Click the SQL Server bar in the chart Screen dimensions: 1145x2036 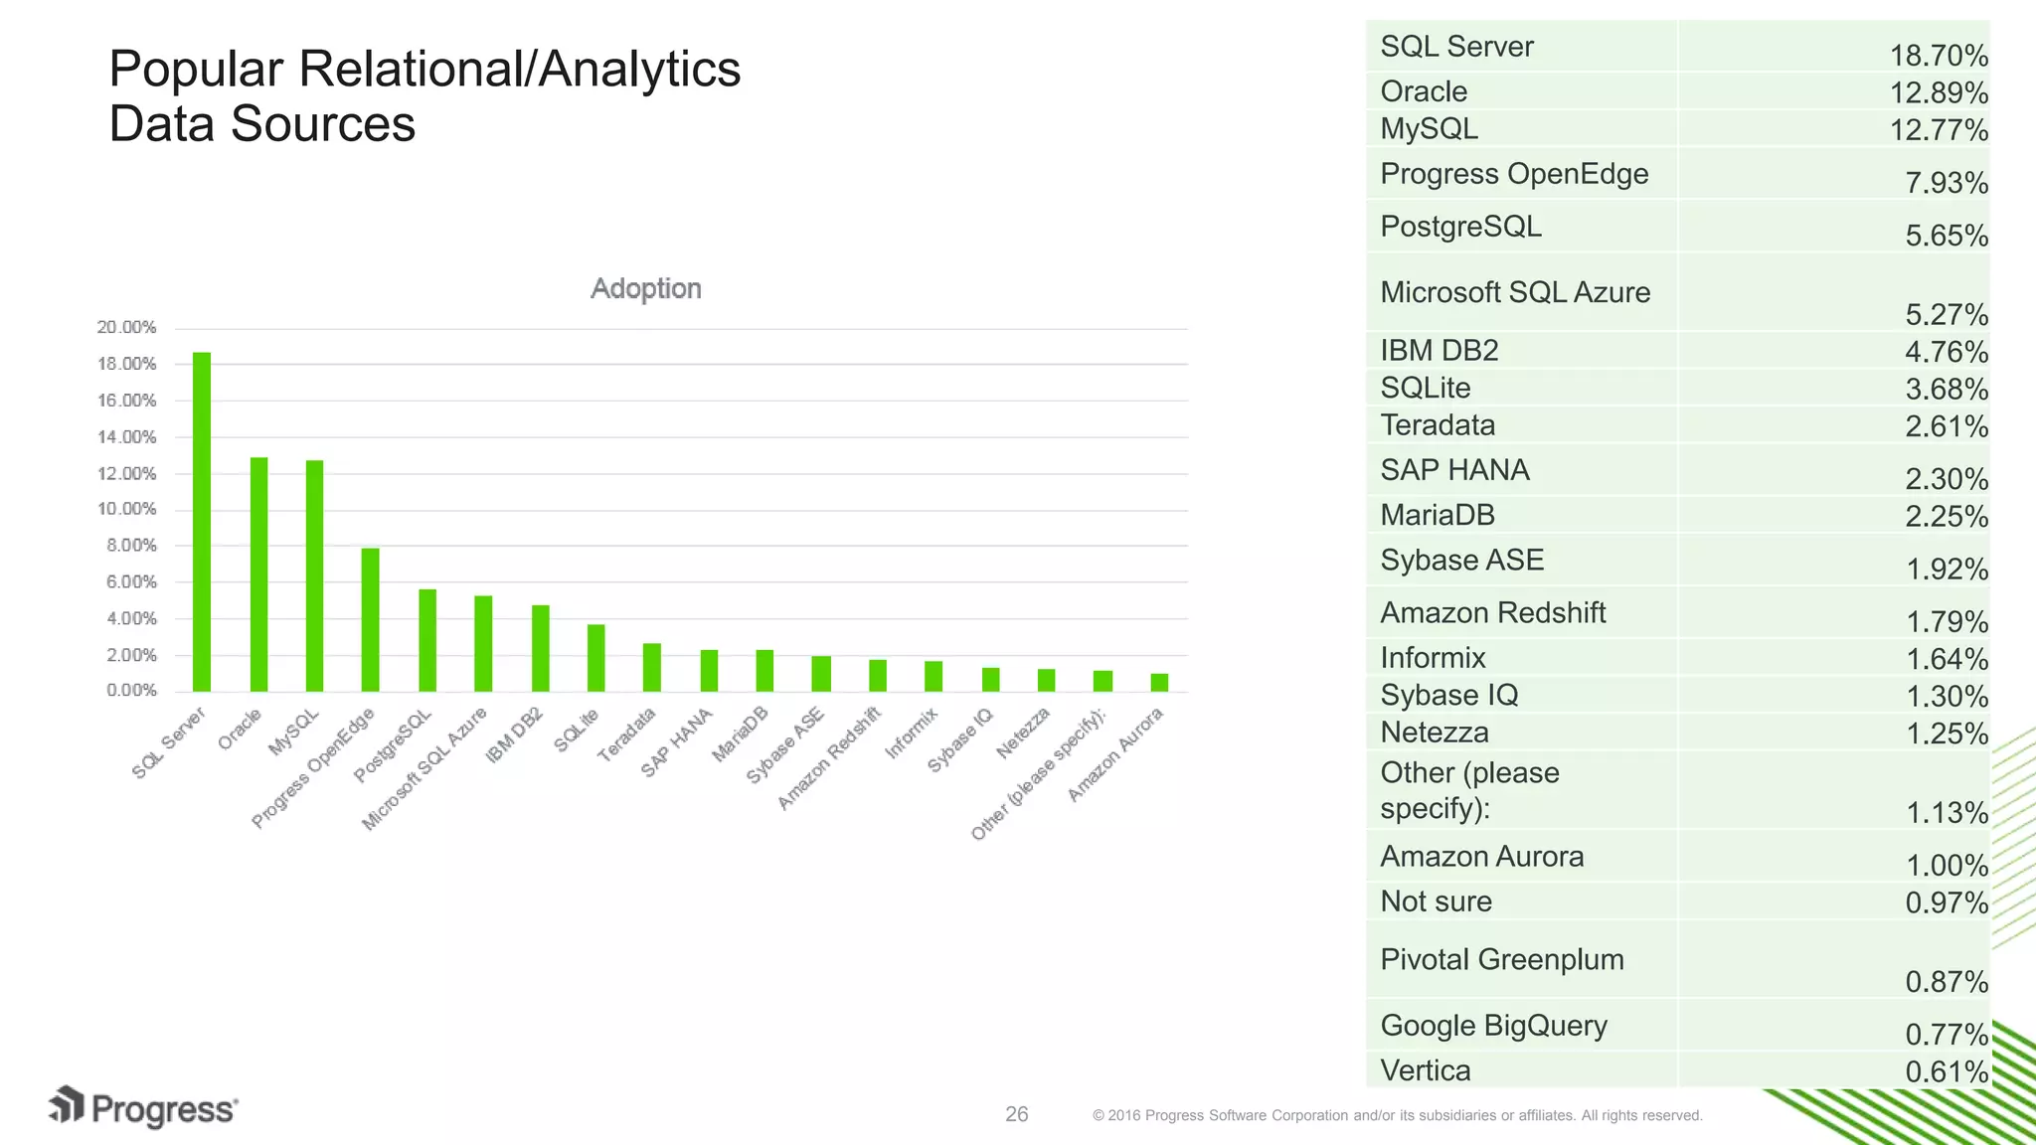pyautogui.click(x=202, y=522)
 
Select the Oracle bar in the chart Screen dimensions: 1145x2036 pyautogui.click(x=258, y=574)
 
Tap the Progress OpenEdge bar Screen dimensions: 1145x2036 pyautogui.click(x=370, y=619)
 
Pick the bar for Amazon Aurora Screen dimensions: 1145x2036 pyautogui.click(x=1159, y=682)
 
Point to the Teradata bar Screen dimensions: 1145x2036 pyautogui.click(x=651, y=667)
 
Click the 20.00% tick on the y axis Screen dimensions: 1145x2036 pyautogui.click(x=127, y=327)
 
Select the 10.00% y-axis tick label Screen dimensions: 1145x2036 pyautogui.click(x=127, y=509)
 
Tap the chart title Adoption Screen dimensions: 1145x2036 pyautogui.click(x=646, y=288)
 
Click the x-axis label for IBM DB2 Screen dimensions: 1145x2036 pyautogui.click(x=515, y=735)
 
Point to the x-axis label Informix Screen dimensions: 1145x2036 pyautogui.click(x=912, y=734)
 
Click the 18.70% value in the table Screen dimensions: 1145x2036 pyautogui.click(x=1938, y=56)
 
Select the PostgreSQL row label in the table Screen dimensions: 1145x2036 pyautogui.click(x=1460, y=227)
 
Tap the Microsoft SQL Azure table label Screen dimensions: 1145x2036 pyautogui.click(x=1515, y=292)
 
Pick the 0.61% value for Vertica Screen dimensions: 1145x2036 pyautogui.click(x=1946, y=1071)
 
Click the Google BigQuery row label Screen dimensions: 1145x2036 pyautogui.click(x=1493, y=1026)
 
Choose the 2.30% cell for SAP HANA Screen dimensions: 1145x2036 pyautogui.click(x=1946, y=479)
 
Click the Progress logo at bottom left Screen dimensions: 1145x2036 pyautogui.click(x=143, y=1107)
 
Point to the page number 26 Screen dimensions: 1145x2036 pyautogui.click(x=1016, y=1114)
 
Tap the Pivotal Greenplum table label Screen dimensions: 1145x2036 pyautogui.click(x=1501, y=959)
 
